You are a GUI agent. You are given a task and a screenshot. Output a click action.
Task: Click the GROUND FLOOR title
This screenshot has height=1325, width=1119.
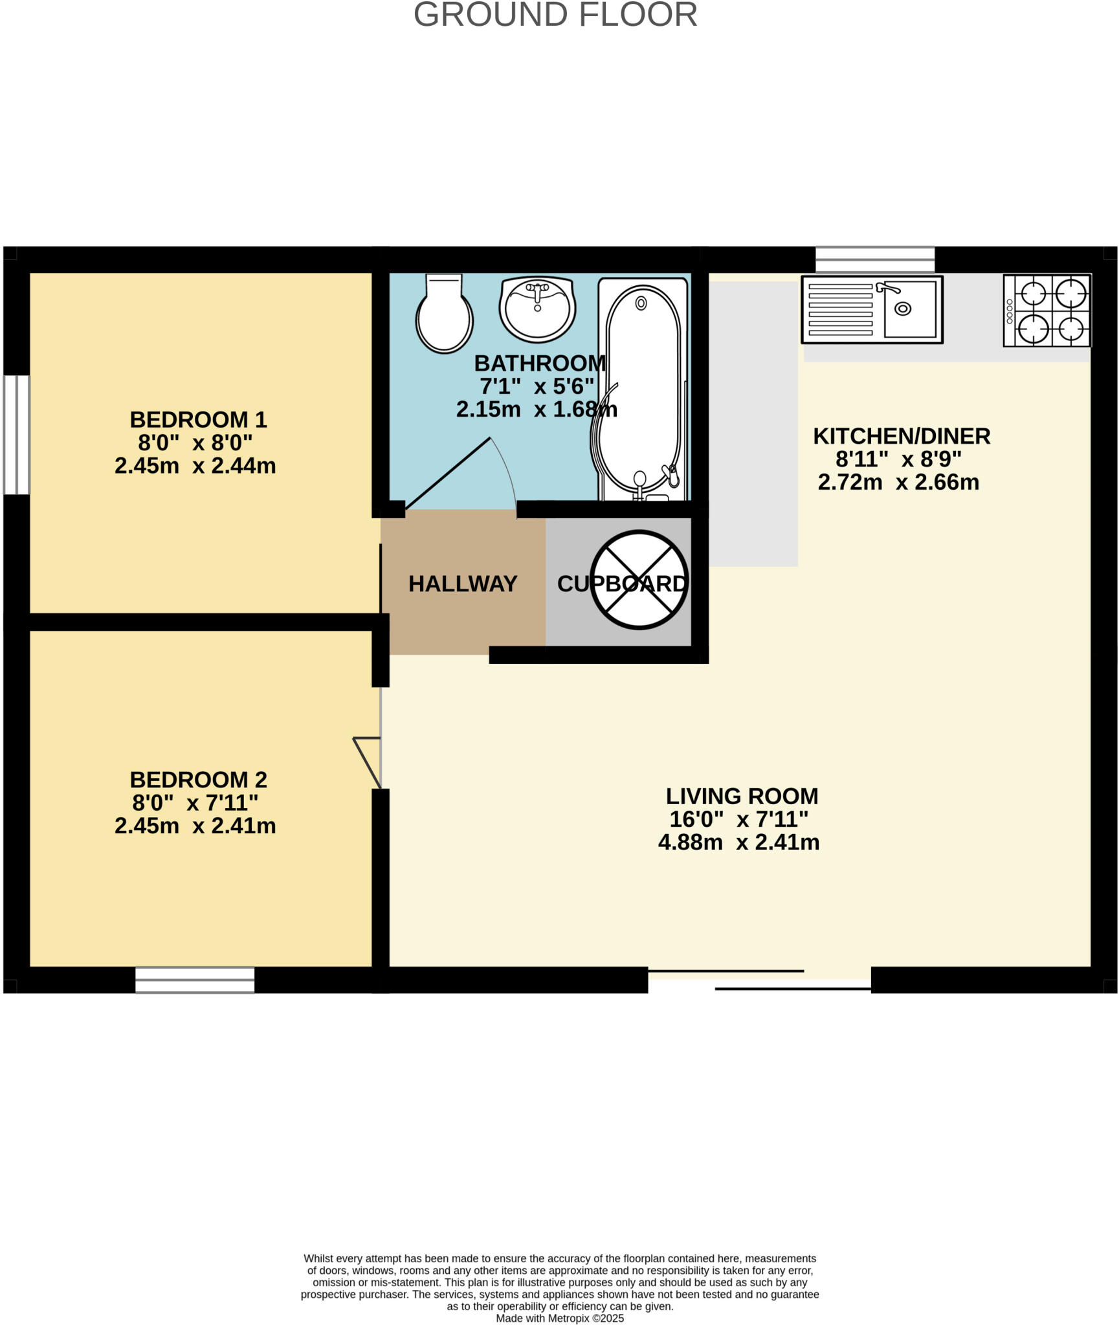tap(555, 14)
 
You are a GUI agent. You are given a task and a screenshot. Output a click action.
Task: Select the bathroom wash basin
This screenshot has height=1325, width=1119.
tap(537, 309)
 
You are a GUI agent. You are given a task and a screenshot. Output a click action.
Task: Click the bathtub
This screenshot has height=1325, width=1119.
tap(642, 388)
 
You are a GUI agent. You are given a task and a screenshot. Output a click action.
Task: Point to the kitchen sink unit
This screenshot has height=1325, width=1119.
tap(872, 310)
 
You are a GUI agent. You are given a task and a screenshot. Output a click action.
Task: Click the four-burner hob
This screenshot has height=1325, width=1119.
tap(1047, 311)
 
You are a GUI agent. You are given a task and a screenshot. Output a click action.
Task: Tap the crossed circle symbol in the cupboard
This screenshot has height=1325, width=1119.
tap(639, 580)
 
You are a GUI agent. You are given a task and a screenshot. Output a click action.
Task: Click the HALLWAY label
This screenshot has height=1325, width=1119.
tap(463, 584)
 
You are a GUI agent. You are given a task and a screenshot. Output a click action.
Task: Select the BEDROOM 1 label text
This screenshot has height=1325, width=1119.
tap(198, 420)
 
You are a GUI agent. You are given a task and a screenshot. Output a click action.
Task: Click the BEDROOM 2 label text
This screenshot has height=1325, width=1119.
tap(198, 780)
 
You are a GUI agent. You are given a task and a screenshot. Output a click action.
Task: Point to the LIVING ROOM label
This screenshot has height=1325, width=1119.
tap(742, 796)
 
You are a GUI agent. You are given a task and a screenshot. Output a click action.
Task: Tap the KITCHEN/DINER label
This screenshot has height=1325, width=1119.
tap(902, 436)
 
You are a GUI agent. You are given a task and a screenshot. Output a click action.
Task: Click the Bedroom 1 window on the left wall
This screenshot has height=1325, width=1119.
tap(17, 435)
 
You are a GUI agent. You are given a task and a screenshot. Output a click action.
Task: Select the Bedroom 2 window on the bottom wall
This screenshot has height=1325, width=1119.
tap(195, 980)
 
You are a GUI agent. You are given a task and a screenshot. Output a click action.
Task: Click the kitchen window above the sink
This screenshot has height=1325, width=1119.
tap(875, 259)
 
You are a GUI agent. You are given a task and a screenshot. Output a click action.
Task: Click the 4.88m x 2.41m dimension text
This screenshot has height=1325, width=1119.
tap(738, 842)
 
